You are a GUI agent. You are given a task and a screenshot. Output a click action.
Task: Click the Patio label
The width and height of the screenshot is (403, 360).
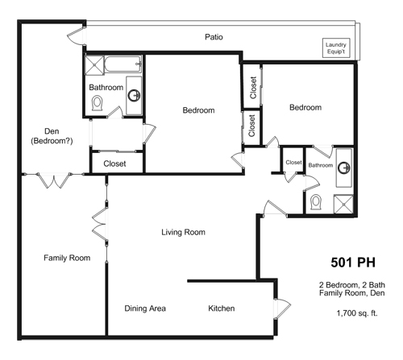214,37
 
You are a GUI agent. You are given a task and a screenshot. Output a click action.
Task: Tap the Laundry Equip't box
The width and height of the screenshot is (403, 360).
336,48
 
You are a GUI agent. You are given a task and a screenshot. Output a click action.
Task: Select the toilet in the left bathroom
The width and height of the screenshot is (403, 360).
97,104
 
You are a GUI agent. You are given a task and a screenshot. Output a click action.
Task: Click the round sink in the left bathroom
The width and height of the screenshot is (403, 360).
134,95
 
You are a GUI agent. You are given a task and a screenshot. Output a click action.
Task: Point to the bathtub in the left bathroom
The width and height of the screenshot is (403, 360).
123,64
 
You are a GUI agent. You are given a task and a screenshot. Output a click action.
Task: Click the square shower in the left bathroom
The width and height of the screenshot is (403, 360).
94,65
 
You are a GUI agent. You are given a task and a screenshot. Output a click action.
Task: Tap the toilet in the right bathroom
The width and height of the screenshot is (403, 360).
316,202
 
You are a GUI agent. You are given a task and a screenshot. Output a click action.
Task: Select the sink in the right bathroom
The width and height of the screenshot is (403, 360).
344,168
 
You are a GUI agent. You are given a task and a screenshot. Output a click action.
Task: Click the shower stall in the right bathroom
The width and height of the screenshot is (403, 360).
343,205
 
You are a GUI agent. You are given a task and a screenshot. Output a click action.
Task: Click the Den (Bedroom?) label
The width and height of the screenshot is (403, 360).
52,136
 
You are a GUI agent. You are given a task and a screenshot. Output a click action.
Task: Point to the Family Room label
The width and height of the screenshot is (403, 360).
67,258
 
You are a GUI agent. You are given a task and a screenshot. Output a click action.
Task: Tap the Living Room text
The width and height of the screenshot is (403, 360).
183,232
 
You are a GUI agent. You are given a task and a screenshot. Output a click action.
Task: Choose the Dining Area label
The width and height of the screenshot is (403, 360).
145,308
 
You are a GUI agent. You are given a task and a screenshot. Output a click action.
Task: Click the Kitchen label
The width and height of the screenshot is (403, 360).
222,308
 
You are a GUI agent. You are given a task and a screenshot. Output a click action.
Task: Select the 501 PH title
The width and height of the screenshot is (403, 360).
353,263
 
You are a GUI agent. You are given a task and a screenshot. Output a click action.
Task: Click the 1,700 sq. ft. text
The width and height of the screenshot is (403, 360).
357,313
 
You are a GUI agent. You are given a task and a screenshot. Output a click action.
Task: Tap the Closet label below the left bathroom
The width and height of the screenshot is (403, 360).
114,163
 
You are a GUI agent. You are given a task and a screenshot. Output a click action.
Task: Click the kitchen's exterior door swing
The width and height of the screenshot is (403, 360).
283,308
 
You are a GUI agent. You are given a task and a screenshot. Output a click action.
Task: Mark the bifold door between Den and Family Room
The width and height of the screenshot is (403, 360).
54,180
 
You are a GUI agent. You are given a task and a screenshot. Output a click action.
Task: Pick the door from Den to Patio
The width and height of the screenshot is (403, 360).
76,36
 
